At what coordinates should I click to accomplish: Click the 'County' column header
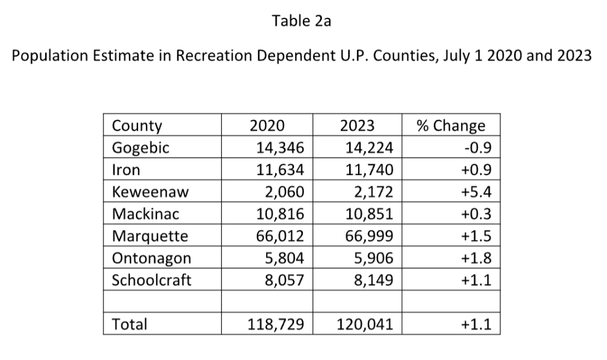137,126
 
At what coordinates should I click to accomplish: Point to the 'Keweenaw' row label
147,192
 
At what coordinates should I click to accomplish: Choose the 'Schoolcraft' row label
152,280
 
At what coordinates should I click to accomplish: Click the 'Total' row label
129,324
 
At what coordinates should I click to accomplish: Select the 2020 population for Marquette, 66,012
280,236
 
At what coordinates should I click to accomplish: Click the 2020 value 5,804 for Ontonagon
285,258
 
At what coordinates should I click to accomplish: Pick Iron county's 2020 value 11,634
280,170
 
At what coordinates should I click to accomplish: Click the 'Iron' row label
126,170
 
